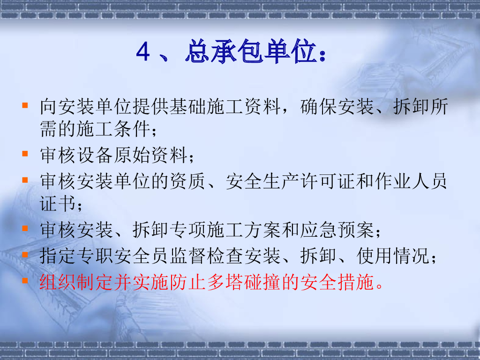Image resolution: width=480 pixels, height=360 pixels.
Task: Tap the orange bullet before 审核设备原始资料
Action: click(25, 154)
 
